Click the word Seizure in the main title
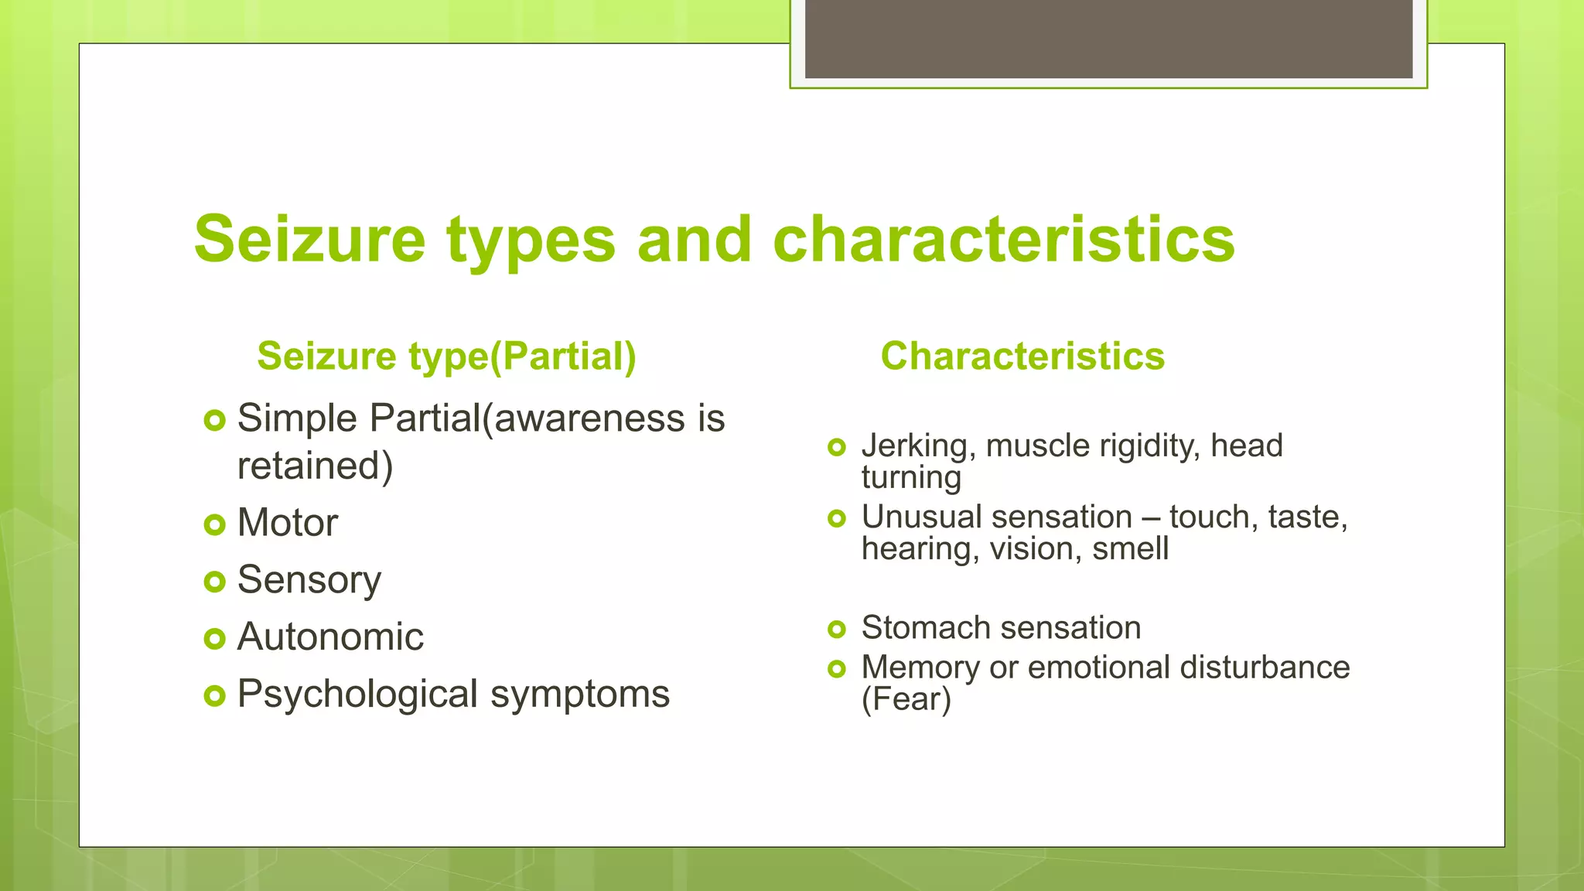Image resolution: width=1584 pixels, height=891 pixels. [309, 240]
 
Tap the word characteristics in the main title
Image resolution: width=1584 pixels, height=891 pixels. [1003, 240]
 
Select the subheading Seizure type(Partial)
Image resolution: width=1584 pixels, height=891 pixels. [446, 357]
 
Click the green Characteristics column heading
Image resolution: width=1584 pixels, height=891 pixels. [1022, 357]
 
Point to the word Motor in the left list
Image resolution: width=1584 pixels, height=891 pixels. [287, 523]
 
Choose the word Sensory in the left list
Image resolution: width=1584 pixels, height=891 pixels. [309, 580]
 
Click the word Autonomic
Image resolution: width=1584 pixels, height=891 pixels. [330, 637]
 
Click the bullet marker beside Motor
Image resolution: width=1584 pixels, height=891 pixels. [214, 525]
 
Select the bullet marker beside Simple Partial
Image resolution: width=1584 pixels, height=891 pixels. [214, 421]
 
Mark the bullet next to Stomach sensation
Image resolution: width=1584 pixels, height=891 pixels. [836, 629]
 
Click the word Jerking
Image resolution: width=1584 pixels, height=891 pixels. [917, 446]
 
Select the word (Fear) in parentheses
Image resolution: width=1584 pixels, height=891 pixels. [906, 699]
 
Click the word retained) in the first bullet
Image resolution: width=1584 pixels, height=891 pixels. [315, 466]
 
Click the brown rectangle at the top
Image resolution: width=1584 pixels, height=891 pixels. [1108, 39]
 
